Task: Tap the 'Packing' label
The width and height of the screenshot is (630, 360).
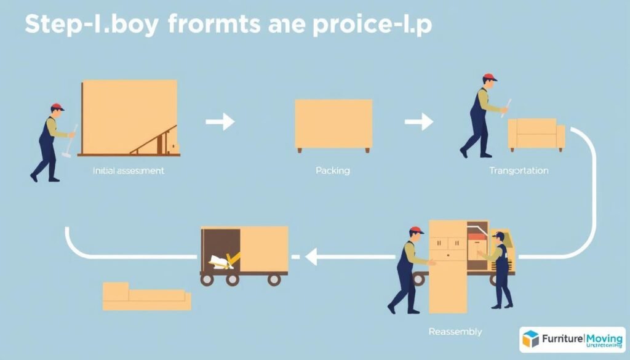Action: coord(333,170)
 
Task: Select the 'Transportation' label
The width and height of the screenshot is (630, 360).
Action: coord(518,170)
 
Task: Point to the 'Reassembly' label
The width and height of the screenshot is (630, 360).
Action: coord(455,332)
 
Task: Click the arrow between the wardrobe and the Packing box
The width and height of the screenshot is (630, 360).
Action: coord(220,122)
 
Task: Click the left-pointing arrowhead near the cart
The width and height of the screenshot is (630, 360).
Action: coord(311,257)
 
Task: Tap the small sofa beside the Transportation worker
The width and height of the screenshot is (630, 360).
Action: coord(536,135)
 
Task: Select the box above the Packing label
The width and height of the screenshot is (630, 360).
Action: coord(333,126)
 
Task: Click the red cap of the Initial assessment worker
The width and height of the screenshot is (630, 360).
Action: coord(58,107)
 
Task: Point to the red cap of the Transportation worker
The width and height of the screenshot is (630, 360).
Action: coord(490,78)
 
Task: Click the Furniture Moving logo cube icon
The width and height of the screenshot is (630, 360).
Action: coord(530,338)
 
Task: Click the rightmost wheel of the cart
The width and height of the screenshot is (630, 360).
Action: coord(274,279)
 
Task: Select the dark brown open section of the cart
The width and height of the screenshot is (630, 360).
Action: coord(220,249)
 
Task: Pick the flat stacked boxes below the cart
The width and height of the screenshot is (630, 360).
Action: coord(146,297)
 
